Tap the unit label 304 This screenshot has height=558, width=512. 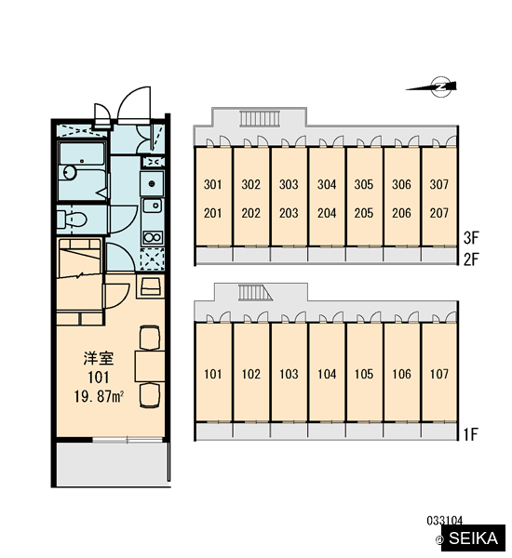[327, 184]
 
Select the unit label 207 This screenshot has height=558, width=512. [439, 213]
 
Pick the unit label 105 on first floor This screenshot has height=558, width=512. [364, 374]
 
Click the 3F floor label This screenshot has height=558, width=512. [471, 238]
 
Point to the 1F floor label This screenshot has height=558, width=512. [470, 434]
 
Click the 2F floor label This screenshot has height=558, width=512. [471, 259]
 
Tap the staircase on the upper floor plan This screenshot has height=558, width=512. [260, 118]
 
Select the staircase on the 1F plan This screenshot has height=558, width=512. [255, 293]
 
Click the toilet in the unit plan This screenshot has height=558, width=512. [72, 219]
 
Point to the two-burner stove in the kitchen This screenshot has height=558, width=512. [153, 237]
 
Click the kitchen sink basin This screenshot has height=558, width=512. [152, 206]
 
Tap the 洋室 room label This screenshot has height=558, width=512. [99, 358]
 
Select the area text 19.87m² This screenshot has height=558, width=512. [99, 396]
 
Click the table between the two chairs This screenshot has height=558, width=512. [150, 366]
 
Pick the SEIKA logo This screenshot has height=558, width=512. [473, 538]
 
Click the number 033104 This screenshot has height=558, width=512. [445, 521]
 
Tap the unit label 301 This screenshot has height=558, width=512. [212, 184]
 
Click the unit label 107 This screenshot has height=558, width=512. [439, 374]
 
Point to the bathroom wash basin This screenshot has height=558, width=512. [70, 173]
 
